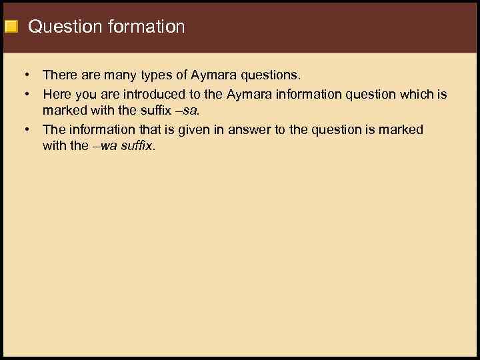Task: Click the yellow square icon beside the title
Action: coord(11,27)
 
